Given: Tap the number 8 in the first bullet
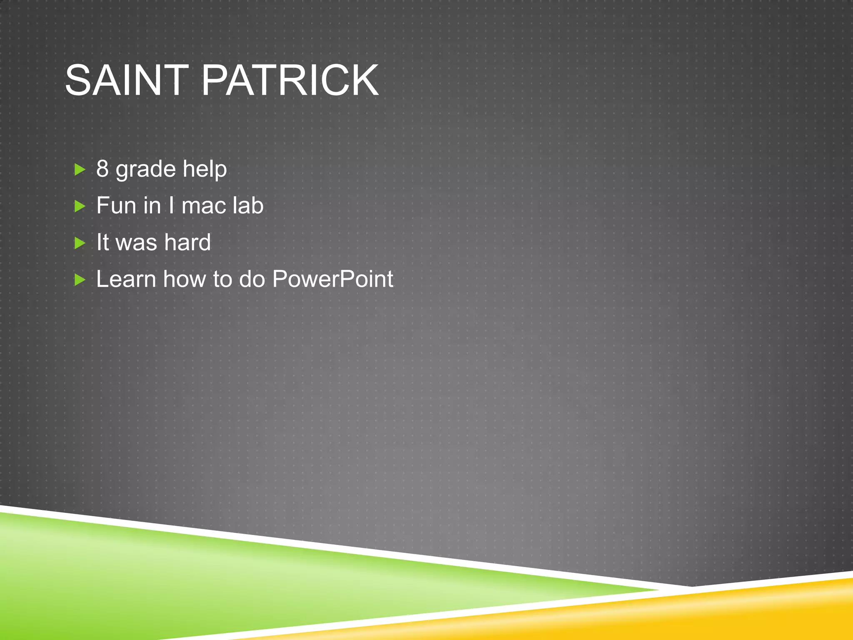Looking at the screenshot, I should tap(102, 169).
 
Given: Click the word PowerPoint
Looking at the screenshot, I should tap(332, 279).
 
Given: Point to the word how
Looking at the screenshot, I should tap(184, 279).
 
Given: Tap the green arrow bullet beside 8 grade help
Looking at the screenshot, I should tap(80, 170).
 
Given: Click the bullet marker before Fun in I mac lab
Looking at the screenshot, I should tap(80, 206).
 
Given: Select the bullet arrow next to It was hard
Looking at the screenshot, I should tap(80, 243).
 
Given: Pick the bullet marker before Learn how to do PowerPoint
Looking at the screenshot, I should tap(80, 280).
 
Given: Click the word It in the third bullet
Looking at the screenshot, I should tap(102, 242).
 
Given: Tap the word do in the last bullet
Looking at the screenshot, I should tap(252, 279).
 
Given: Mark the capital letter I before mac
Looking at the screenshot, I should tap(171, 205).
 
